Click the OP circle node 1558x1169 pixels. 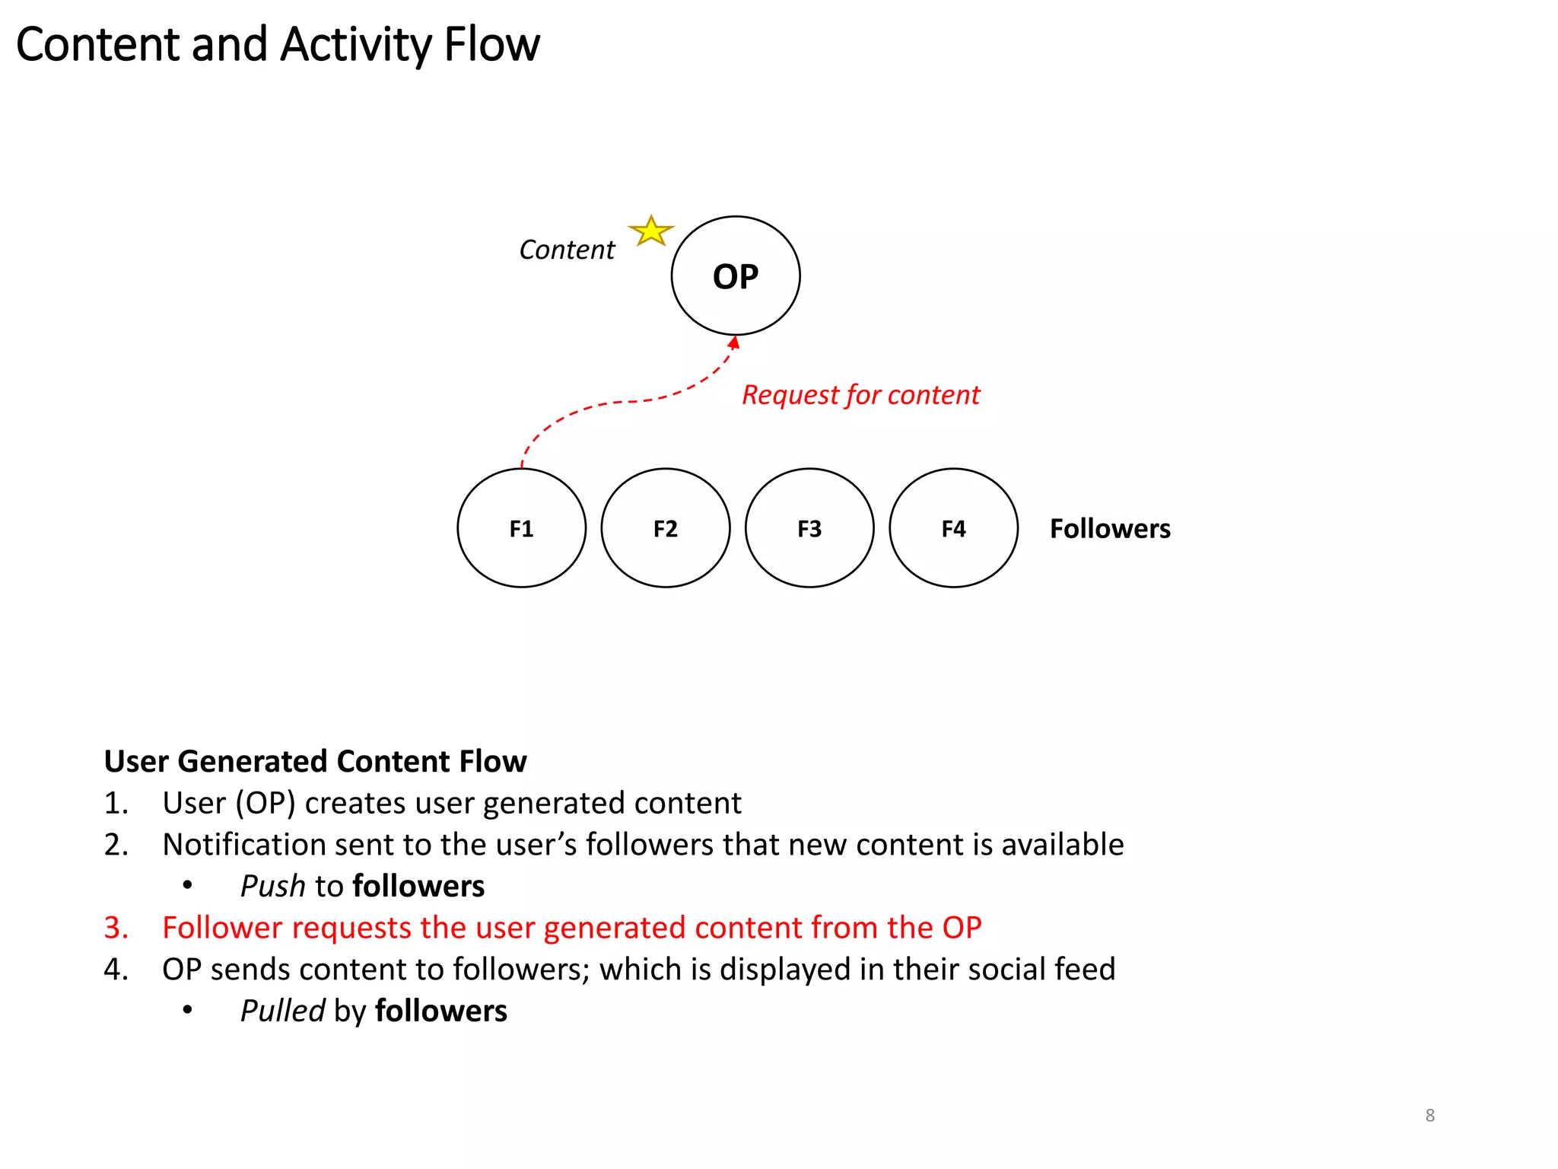[735, 276]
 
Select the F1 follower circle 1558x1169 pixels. [521, 528]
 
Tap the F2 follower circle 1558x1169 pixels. [665, 528]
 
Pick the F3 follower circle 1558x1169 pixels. [809, 528]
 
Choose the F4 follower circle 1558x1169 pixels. [953, 528]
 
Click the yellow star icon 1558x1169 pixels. [651, 231]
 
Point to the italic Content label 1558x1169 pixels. [567, 250]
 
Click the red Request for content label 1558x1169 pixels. [860, 395]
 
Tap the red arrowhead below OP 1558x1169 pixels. [734, 342]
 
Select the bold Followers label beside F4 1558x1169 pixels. [1109, 529]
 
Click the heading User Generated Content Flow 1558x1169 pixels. [315, 761]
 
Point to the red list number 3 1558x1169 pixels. [115, 928]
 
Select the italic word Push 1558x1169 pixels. [272, 886]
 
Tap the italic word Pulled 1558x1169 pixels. [282, 1011]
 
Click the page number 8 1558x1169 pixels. [1429, 1116]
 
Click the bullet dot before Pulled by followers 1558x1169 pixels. [187, 1011]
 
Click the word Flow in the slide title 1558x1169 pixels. [491, 44]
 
